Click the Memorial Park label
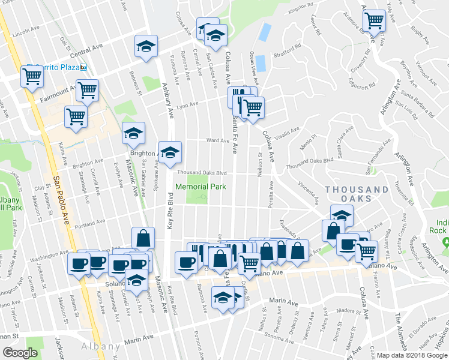click(x=200, y=187)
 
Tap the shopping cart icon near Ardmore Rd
click(x=374, y=21)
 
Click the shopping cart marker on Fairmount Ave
click(x=87, y=91)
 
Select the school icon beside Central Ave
click(x=145, y=46)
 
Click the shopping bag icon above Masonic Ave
click(x=143, y=238)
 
